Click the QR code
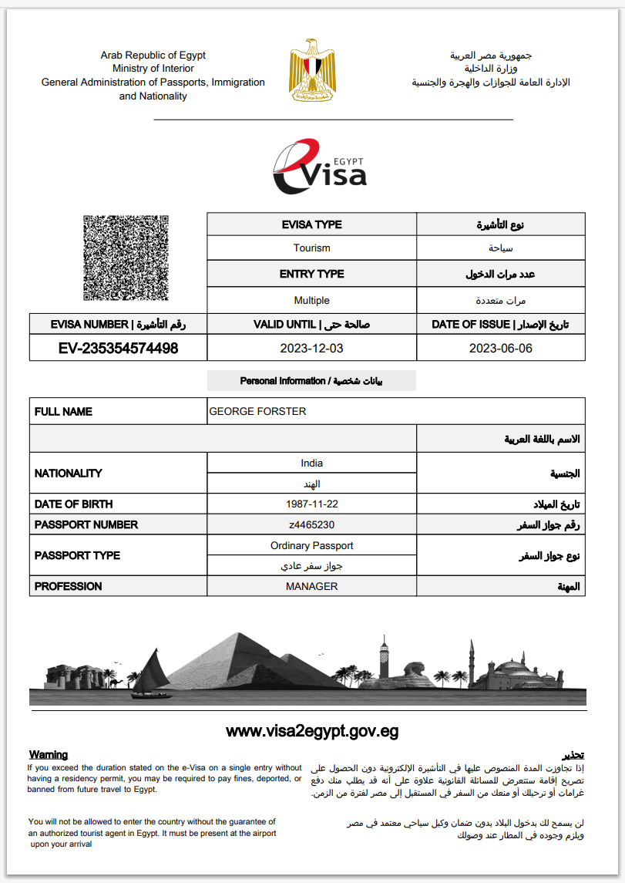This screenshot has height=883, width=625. click(126, 258)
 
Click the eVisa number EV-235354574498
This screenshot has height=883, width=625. click(119, 349)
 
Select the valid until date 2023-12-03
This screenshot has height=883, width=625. click(311, 349)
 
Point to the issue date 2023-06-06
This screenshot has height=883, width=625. click(500, 349)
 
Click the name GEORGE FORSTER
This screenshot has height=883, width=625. click(257, 412)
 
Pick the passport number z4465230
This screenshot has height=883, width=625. click(311, 524)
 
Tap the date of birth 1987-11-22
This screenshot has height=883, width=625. click(311, 504)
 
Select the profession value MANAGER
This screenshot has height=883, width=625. click(311, 586)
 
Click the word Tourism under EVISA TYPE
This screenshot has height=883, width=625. click(311, 248)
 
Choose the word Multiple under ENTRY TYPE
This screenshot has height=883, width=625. click(311, 300)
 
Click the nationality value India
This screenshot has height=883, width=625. click(311, 463)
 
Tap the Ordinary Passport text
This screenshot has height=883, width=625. click(311, 545)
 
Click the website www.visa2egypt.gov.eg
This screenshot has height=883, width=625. click(312, 731)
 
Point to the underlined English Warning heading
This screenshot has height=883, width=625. click(49, 754)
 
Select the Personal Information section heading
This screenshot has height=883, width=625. click(311, 381)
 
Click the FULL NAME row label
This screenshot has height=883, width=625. click(63, 412)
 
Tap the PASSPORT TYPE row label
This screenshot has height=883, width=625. click(77, 555)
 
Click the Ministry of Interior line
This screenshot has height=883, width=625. click(153, 69)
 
